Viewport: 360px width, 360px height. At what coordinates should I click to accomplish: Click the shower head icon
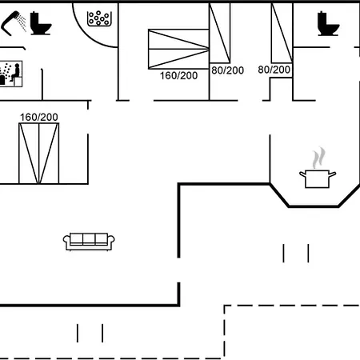[14, 23]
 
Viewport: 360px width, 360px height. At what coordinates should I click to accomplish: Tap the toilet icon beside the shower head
[41, 23]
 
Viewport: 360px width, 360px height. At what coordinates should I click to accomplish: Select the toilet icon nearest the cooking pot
[328, 23]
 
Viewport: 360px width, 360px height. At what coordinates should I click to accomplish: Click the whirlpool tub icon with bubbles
[99, 18]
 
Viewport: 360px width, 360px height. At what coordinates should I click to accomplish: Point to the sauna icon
[10, 74]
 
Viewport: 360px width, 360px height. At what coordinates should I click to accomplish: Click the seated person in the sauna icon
[16, 73]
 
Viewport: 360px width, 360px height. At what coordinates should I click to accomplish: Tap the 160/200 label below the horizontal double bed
[178, 76]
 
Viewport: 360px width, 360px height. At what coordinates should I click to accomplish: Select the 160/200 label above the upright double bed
[39, 118]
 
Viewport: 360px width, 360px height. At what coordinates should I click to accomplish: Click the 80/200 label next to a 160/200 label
[227, 70]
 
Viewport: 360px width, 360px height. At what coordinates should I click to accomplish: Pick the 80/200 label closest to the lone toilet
[274, 70]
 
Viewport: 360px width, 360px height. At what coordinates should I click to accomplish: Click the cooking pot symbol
[318, 179]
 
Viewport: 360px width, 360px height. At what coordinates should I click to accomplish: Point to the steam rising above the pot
[319, 158]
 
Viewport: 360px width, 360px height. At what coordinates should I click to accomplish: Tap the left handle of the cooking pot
[302, 174]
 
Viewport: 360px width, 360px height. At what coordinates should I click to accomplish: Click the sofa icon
[89, 242]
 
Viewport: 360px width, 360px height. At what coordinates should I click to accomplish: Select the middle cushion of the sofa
[89, 238]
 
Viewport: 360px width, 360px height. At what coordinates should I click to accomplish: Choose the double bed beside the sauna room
[39, 154]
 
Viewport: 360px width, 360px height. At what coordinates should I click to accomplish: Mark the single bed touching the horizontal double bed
[220, 33]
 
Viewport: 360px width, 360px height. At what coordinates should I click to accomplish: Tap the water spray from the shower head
[22, 22]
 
